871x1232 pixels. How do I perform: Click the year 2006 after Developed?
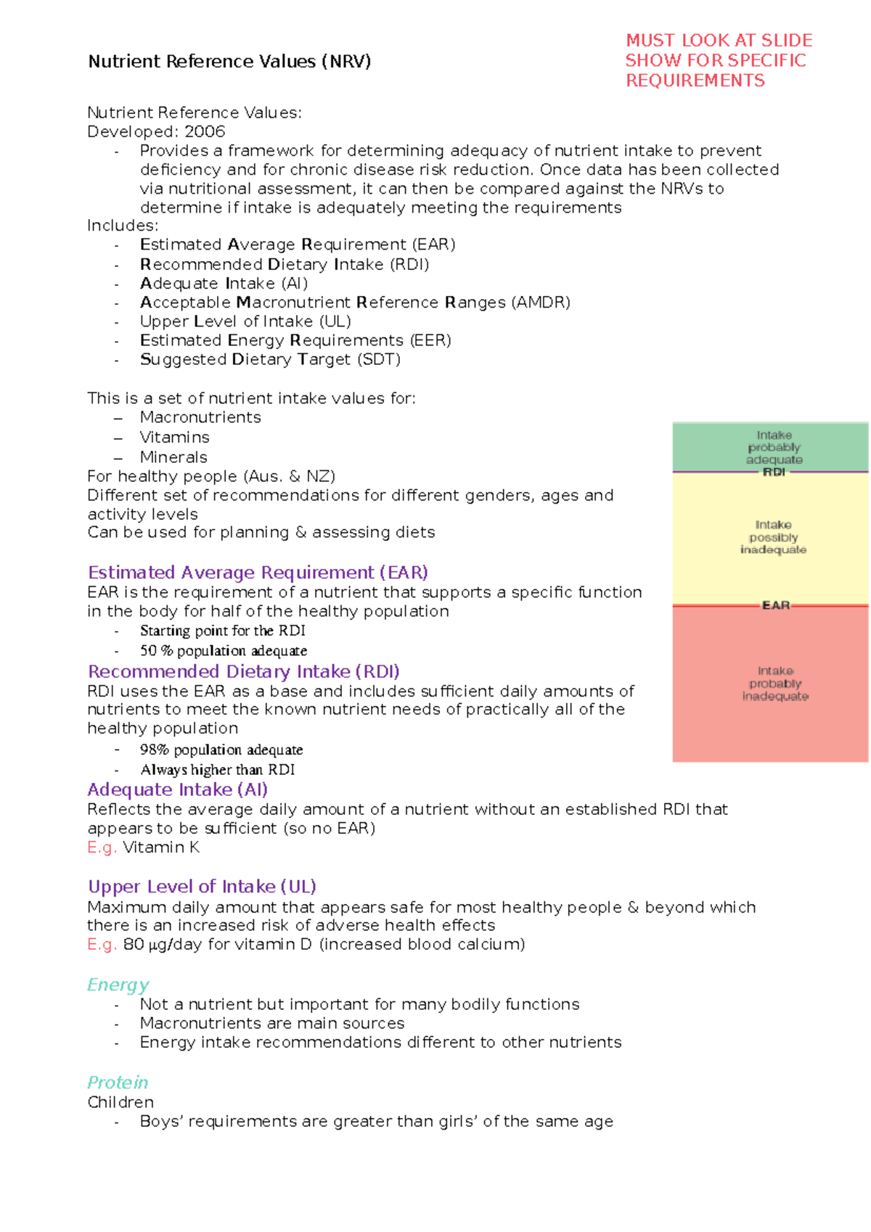tap(205, 131)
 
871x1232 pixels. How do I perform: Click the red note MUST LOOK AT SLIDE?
tap(719, 41)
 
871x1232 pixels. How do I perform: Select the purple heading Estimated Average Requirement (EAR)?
tap(258, 572)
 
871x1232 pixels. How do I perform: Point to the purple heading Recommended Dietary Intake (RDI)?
tap(243, 671)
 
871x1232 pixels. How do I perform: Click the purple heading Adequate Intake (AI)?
tap(177, 789)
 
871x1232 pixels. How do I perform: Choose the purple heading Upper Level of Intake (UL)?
tap(202, 887)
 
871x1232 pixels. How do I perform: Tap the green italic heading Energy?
tap(118, 985)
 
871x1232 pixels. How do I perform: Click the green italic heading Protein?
tap(118, 1083)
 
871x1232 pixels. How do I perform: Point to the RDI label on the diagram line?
tap(774, 472)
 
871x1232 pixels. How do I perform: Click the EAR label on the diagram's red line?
tap(775, 605)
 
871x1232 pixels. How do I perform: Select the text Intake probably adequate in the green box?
tap(774, 447)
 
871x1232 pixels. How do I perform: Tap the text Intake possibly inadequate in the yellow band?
tap(773, 537)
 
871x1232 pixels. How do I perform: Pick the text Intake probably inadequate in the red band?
tap(775, 683)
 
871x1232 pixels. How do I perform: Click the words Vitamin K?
tap(161, 847)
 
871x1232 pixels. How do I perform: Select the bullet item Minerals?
tap(173, 457)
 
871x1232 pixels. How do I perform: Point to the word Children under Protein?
tap(120, 1102)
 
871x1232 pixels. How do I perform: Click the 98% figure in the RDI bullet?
tap(154, 750)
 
